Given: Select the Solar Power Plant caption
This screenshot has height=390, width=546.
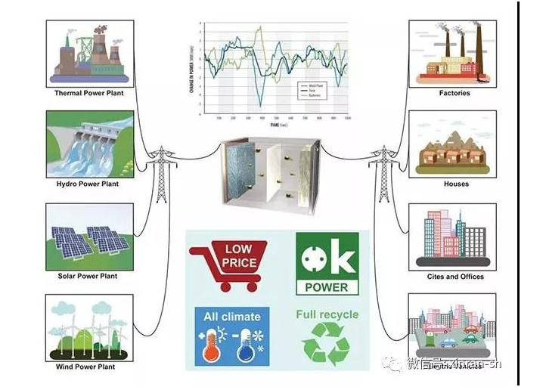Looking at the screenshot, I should [x=88, y=276].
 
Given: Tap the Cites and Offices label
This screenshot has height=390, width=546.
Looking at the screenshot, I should [x=454, y=277].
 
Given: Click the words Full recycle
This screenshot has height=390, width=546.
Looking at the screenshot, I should [x=327, y=314].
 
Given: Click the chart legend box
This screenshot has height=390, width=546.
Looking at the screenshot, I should [x=312, y=91].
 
